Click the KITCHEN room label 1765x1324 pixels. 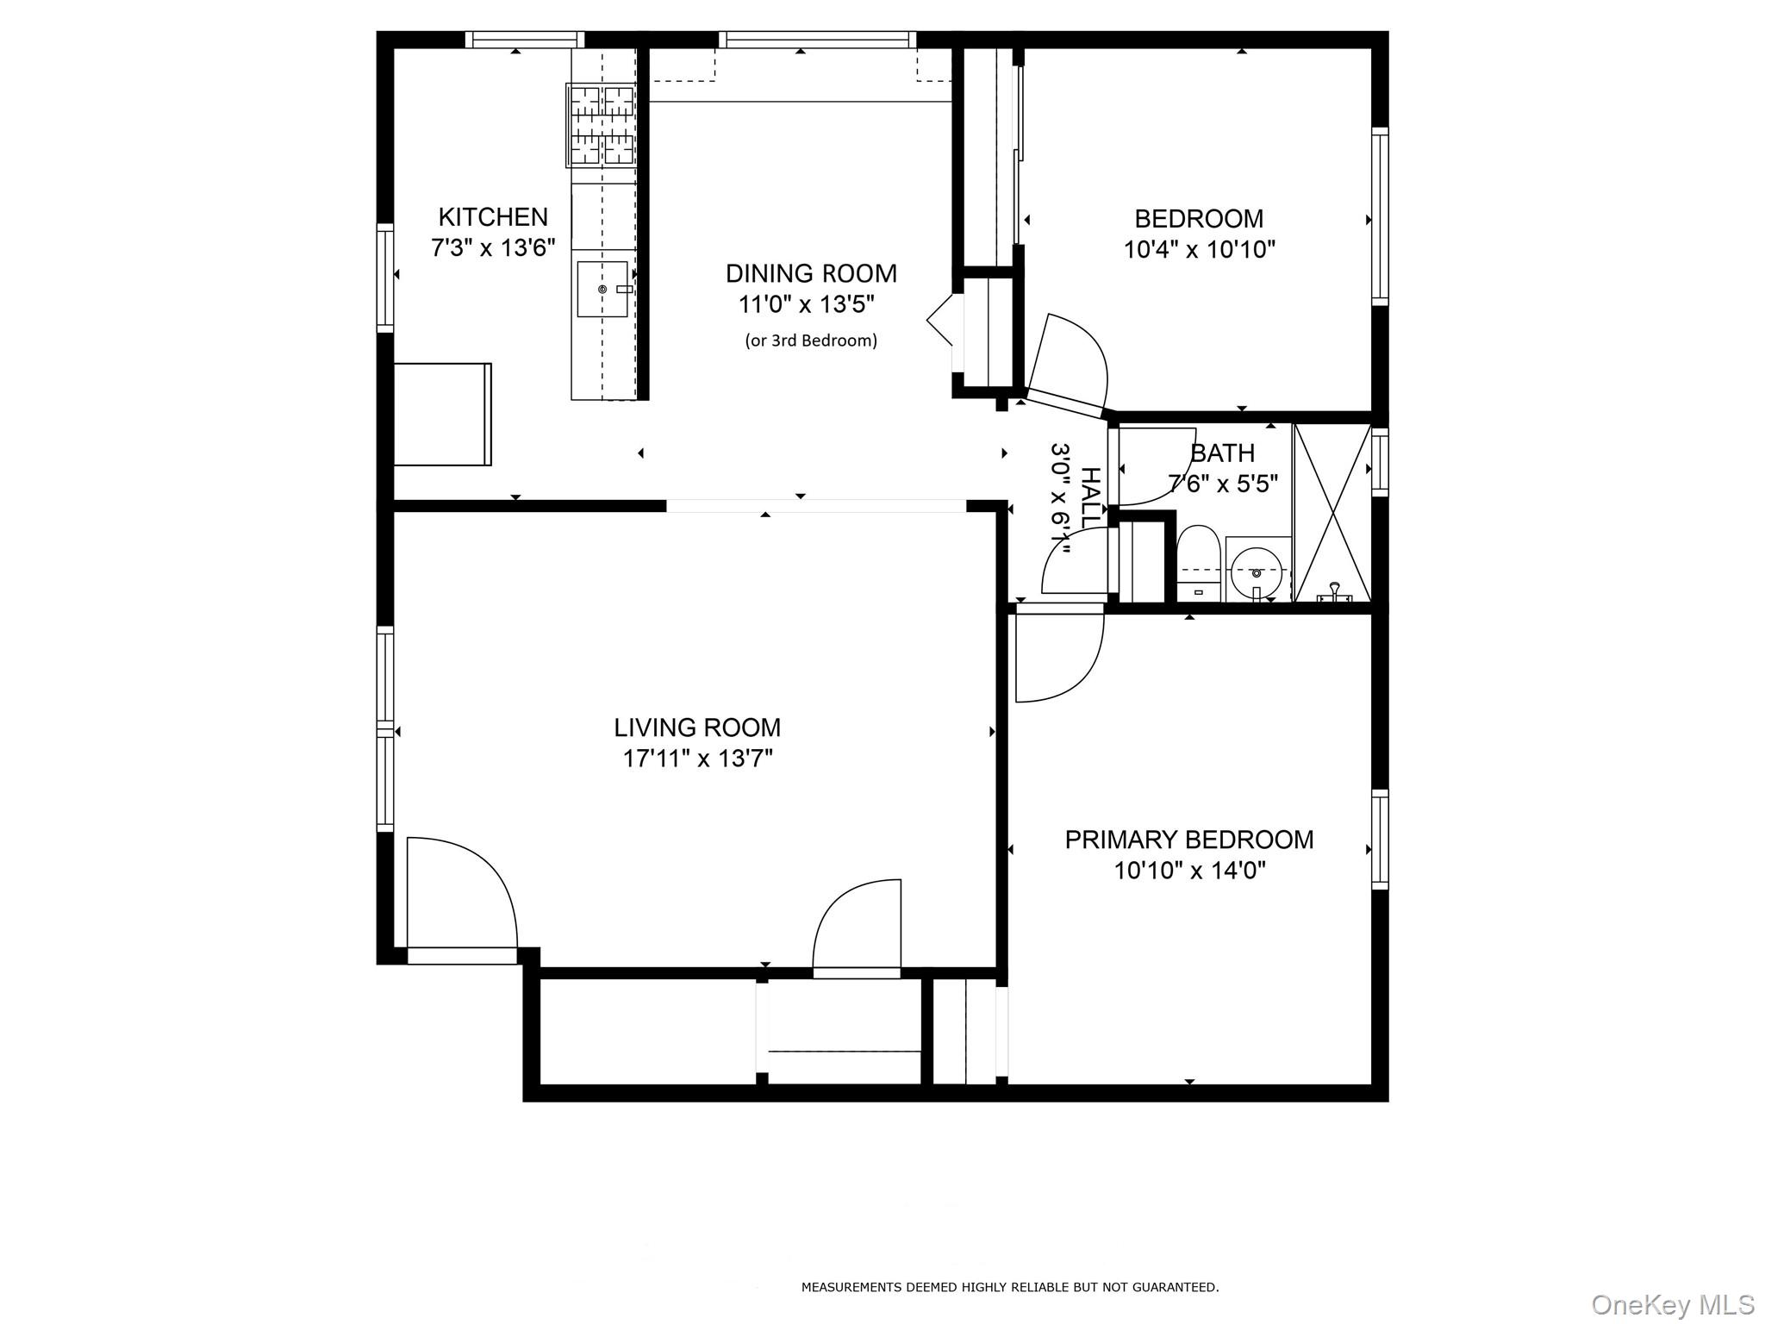(x=493, y=216)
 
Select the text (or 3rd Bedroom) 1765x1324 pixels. (x=811, y=340)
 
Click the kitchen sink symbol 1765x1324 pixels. (x=602, y=289)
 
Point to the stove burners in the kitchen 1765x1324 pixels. (x=601, y=125)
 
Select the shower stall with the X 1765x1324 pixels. (x=1332, y=512)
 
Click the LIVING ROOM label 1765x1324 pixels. (x=697, y=728)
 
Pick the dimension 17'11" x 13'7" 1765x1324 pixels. (x=697, y=759)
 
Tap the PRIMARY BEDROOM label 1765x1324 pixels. (x=1189, y=840)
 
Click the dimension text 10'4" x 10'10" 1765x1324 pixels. (x=1199, y=250)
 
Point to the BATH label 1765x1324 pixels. (x=1222, y=453)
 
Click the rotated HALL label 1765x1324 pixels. (x=1091, y=498)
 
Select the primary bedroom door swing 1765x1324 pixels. (x=1057, y=653)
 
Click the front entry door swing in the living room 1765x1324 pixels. (x=460, y=893)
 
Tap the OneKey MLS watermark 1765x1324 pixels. (x=1673, y=1304)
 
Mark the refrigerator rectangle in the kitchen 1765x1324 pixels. (x=442, y=415)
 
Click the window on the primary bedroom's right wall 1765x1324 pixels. (x=1380, y=840)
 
